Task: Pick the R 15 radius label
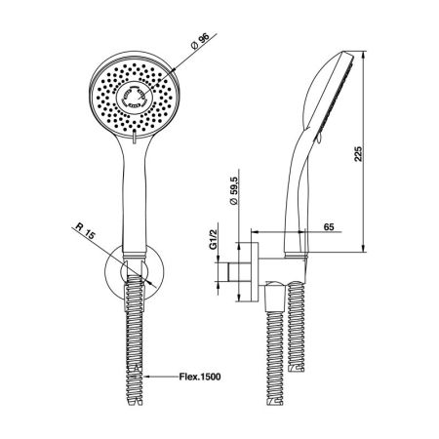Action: [x=84, y=231]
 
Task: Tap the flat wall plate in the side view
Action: [x=257, y=267]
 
